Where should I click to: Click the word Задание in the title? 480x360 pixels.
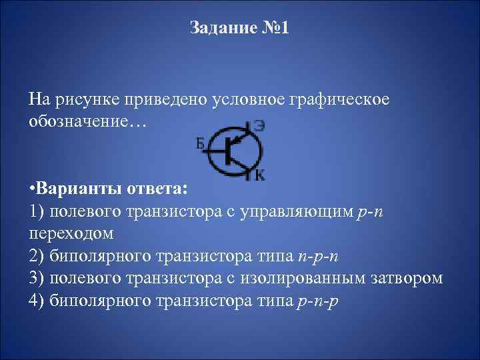[219, 28]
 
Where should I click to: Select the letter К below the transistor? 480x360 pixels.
[259, 175]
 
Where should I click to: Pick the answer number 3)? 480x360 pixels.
[37, 277]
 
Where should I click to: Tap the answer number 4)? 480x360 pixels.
[37, 299]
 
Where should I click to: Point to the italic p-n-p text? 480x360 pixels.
[317, 300]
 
